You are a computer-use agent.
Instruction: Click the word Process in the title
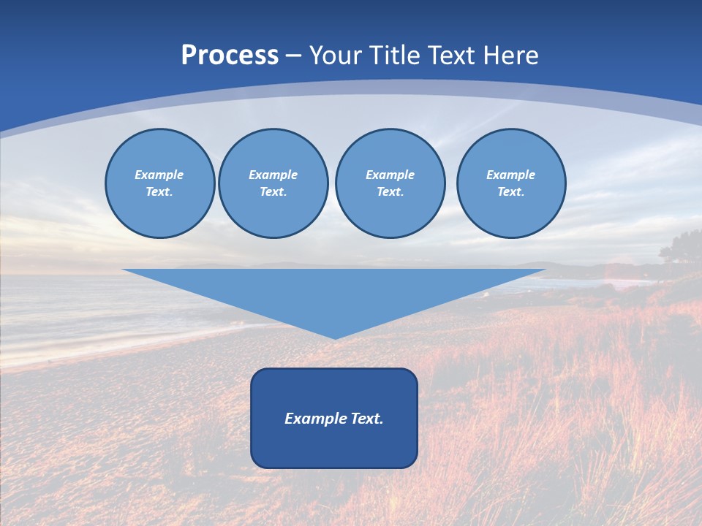tap(230, 56)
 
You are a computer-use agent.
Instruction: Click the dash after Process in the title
tap(294, 56)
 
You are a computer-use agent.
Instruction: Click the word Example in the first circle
tap(159, 175)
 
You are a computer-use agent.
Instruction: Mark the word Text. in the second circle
tap(273, 191)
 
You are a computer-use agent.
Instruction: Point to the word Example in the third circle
tap(390, 175)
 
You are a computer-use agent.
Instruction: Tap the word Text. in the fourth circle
tap(510, 191)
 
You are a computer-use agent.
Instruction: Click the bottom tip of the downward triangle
tap(334, 337)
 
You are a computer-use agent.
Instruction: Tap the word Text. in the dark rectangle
tap(368, 419)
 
